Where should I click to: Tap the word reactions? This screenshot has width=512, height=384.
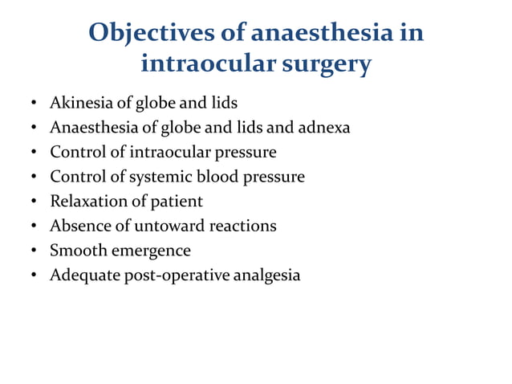point(244,226)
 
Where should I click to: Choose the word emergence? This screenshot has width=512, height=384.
point(149,251)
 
